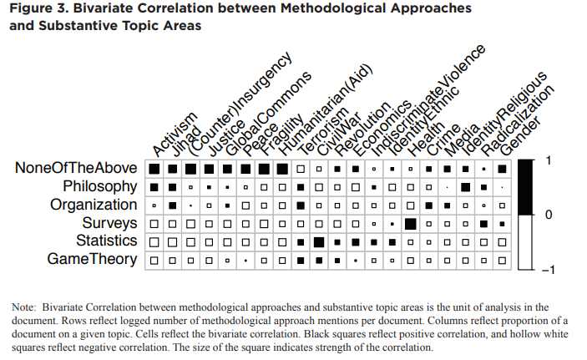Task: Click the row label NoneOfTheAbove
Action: tap(76, 168)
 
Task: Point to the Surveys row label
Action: tap(109, 223)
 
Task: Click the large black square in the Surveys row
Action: tap(410, 223)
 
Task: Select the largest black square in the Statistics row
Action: tap(318, 241)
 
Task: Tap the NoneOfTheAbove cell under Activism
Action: tap(154, 168)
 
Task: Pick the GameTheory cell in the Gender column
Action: tap(502, 260)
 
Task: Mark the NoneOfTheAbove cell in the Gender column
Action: tap(502, 168)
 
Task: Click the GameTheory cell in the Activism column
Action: tap(154, 260)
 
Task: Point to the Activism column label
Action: tap(175, 134)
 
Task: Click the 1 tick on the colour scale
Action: tap(547, 159)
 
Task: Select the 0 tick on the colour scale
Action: tap(547, 215)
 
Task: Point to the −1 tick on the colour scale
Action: tap(547, 270)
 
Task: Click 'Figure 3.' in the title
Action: tap(39, 8)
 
